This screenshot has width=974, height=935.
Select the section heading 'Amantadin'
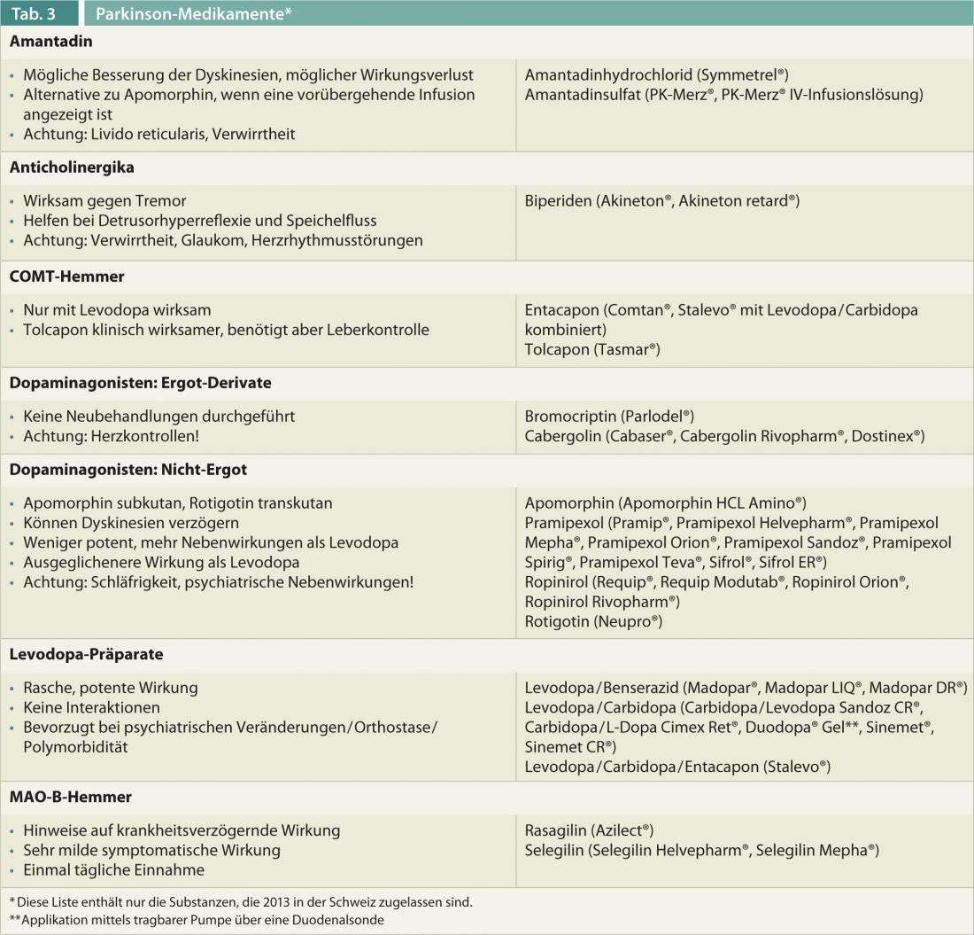50,42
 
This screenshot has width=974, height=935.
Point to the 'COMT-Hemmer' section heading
67,277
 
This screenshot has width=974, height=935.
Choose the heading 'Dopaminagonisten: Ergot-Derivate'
140,383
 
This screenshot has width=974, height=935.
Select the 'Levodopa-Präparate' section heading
86,654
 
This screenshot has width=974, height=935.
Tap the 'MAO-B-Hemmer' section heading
71,797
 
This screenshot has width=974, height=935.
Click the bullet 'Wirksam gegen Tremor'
104,201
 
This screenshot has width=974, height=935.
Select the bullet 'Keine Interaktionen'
91,707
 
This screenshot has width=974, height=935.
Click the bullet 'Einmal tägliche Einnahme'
113,869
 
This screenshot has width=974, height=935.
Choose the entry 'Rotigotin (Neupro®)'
593,621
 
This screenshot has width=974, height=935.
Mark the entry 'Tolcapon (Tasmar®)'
592,349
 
